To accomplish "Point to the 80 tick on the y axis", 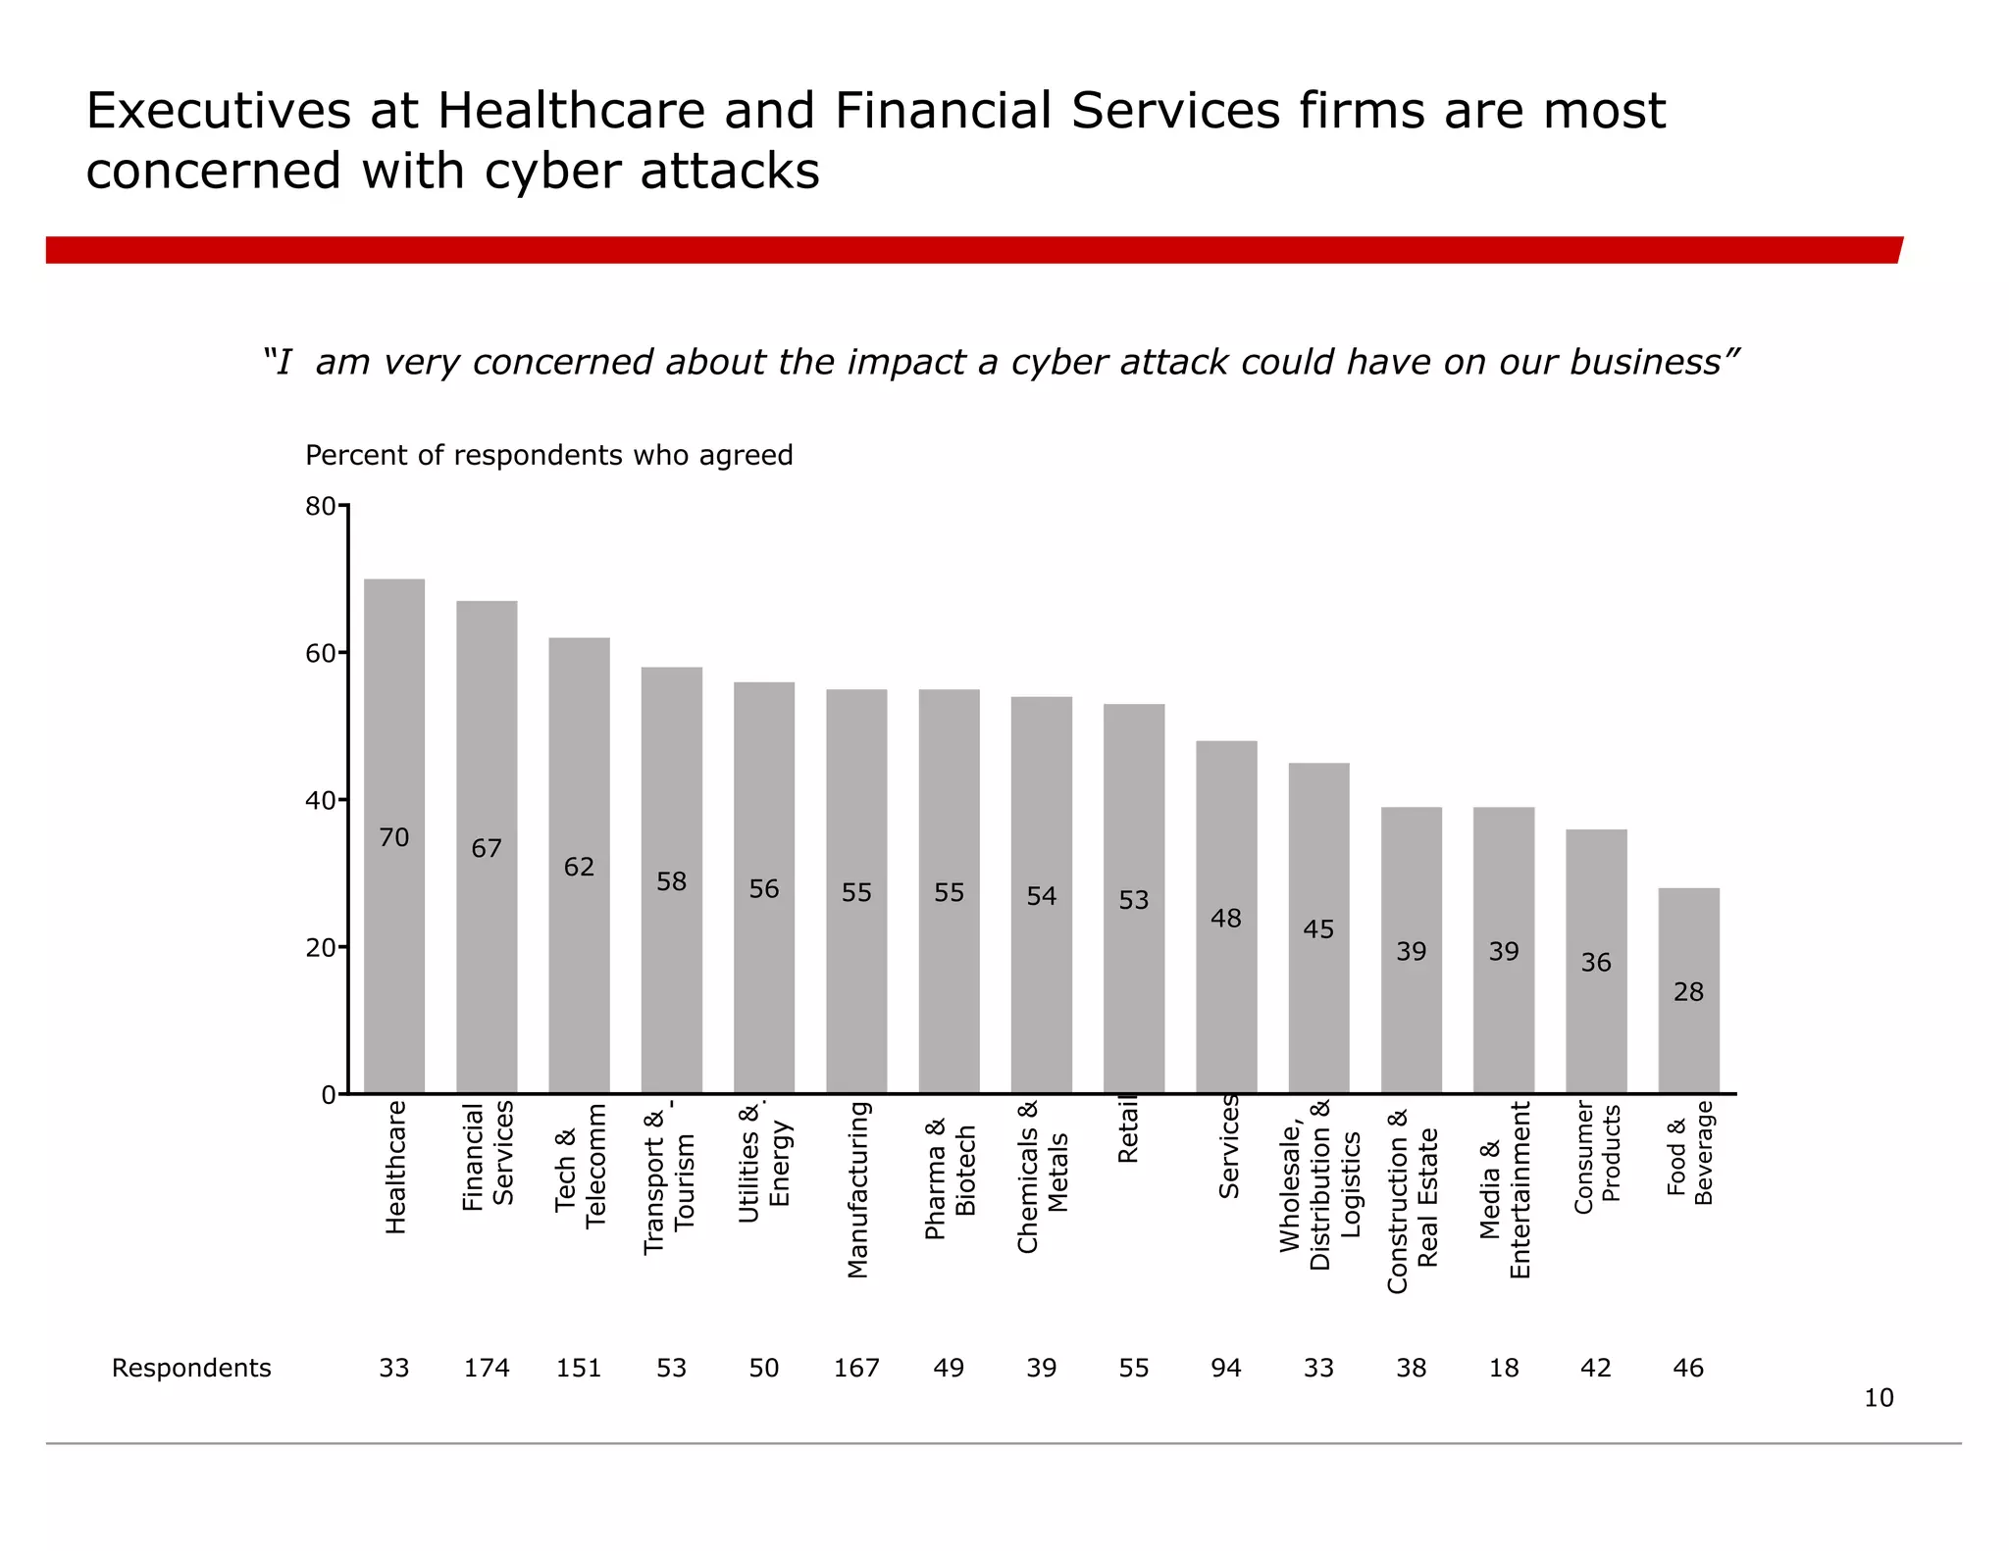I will click(320, 507).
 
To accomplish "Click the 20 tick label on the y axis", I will click(320, 948).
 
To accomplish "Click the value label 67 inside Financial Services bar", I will click(487, 848).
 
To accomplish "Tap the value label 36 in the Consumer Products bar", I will click(1596, 963).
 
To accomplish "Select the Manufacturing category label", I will click(857, 1189).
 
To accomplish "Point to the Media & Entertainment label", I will click(1504, 1189).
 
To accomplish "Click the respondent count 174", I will click(487, 1368).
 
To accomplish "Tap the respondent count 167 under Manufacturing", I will click(856, 1368).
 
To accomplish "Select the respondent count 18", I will click(1504, 1368).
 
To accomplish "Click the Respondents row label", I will click(191, 1368).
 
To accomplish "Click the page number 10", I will click(1878, 1398).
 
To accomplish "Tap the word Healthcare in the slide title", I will click(571, 110).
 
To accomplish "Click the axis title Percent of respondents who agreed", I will click(548, 455).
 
